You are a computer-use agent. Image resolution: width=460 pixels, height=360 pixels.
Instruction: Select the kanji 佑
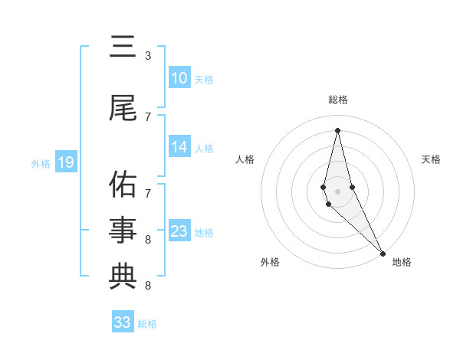(123, 184)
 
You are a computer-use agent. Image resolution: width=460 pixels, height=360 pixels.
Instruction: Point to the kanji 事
(123, 230)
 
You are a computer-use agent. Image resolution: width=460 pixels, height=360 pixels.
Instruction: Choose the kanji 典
(123, 276)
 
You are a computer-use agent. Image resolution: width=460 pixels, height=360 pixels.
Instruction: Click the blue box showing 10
(179, 78)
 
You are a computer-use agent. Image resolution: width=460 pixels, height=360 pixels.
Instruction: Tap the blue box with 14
(179, 147)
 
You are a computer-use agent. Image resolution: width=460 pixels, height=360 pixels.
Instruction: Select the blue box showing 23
(179, 231)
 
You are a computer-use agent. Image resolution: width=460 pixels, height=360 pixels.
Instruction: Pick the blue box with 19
(65, 162)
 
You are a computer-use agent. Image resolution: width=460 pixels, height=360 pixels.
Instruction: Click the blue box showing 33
(123, 322)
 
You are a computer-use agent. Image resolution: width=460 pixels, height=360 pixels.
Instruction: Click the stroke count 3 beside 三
(148, 56)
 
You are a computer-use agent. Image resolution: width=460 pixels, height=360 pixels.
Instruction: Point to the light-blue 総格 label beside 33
(147, 324)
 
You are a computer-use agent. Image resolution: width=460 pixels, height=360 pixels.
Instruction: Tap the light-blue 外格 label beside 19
(41, 163)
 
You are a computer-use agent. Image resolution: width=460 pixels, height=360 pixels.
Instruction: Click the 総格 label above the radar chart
(337, 100)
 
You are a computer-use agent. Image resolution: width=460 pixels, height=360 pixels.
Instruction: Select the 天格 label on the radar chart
(432, 159)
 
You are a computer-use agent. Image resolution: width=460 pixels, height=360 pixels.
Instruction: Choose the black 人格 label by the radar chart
(245, 159)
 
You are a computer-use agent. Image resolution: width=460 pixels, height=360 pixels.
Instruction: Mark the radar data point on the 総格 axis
(337, 129)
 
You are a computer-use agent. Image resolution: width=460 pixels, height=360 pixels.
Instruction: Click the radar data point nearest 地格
(382, 253)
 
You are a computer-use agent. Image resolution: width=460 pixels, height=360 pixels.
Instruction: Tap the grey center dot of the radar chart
(337, 191)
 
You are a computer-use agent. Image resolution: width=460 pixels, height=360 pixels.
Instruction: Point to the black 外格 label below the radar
(270, 262)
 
